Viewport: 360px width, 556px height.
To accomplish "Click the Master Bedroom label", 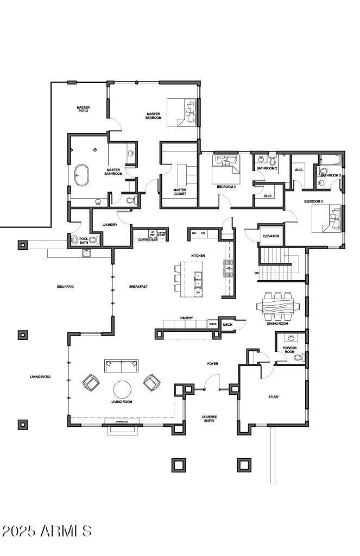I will (x=153, y=116).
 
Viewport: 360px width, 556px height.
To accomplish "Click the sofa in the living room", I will (x=121, y=367).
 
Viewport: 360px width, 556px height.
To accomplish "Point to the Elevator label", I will (x=270, y=236).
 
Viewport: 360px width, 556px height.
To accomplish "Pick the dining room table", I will (x=277, y=307).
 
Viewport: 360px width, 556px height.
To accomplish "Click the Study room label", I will (x=274, y=397).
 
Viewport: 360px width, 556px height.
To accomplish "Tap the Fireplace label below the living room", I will (x=122, y=421).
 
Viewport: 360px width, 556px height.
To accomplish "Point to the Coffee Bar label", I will (x=148, y=239).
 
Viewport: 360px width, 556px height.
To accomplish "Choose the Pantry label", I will (x=186, y=318).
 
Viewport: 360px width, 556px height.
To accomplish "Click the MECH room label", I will (x=227, y=325).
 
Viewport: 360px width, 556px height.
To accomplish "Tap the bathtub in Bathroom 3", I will (x=330, y=160).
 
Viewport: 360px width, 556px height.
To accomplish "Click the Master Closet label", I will (x=180, y=192).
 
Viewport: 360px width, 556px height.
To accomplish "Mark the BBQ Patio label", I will (x=65, y=286).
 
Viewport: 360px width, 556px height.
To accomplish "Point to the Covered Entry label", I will (x=210, y=419).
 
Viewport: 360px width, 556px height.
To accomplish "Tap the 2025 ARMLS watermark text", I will (x=47, y=530).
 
